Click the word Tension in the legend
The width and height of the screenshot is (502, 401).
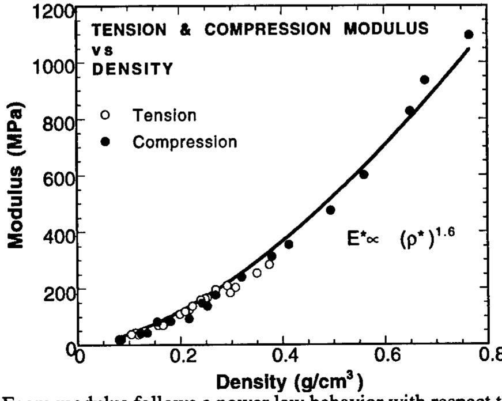click(x=164, y=115)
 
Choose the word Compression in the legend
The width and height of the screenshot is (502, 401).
click(x=184, y=142)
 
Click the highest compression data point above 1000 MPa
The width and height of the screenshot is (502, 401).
click(x=469, y=35)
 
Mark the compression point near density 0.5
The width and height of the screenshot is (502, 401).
click(x=330, y=210)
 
